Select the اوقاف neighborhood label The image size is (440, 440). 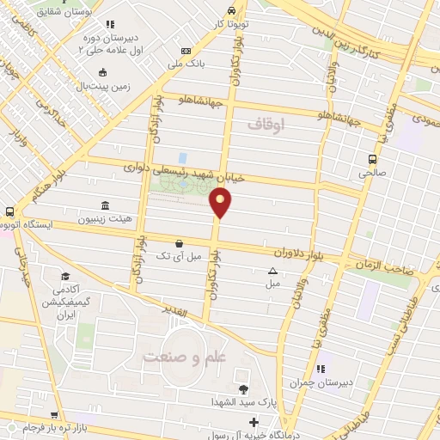coord(276,125)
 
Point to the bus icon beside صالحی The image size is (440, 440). coord(372,159)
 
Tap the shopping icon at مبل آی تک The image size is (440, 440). coord(178,243)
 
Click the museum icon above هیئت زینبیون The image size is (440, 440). coord(105,205)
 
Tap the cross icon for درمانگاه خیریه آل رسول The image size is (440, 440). coord(253,421)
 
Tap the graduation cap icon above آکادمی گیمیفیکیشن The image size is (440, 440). coord(65,276)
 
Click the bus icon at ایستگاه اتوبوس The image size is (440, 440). coord(9,211)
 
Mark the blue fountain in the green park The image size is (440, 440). coord(182,158)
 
